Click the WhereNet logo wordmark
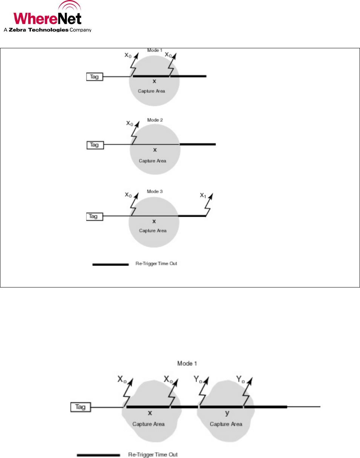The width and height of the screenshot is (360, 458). click(x=47, y=18)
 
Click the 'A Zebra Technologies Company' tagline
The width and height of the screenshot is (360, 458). click(x=47, y=30)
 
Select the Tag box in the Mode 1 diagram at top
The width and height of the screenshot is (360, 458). click(x=94, y=77)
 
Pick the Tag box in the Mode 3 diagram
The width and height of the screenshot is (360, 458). click(x=94, y=216)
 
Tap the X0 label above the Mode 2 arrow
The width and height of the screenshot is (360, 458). click(x=129, y=123)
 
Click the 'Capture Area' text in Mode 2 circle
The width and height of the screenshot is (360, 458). click(x=152, y=161)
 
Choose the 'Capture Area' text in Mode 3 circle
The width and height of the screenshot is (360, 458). click(x=152, y=231)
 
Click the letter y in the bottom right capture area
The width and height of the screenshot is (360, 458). click(x=227, y=413)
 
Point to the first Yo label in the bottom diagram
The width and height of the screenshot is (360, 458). click(x=198, y=378)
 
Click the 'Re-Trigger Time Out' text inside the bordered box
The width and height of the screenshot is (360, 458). click(x=156, y=263)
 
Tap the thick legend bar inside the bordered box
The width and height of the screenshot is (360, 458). click(x=110, y=264)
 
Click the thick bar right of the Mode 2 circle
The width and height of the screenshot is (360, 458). click(x=198, y=144)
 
